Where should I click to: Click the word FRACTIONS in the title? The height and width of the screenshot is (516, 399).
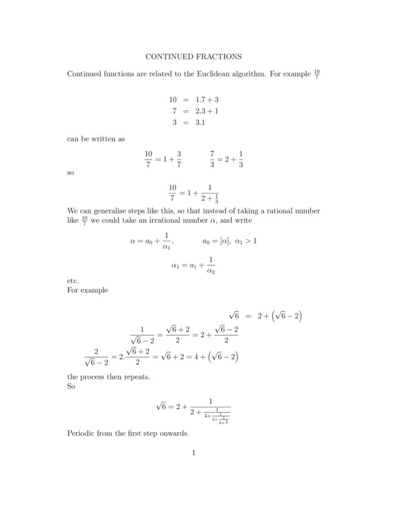pos(220,57)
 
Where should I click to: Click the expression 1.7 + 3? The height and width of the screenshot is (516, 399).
pos(207,99)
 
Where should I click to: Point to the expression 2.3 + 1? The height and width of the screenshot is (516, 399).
pos(207,111)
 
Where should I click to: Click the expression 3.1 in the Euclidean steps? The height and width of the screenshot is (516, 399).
pos(201,123)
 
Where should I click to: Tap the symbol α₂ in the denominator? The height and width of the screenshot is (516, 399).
pos(211,271)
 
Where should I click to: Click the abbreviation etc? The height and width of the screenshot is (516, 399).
pos(73,281)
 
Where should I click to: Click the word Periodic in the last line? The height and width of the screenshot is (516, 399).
pos(82,433)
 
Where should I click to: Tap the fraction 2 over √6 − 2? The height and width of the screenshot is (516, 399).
pos(96,356)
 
